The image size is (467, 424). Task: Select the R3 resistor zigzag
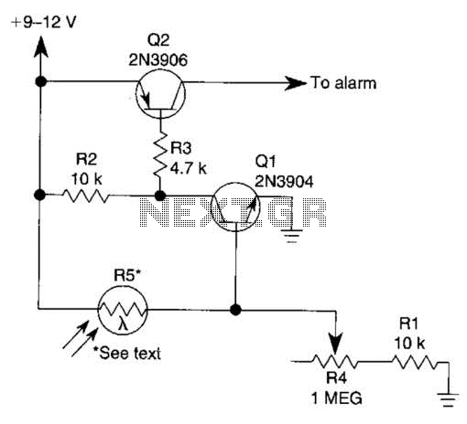point(160,154)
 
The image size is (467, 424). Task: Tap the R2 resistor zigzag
point(86,196)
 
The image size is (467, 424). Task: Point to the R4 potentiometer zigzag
point(335,362)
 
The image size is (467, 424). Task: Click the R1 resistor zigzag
point(415,363)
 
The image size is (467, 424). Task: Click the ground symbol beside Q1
point(292,236)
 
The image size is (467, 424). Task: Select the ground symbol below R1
point(448,400)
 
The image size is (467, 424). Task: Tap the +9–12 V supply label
point(43,23)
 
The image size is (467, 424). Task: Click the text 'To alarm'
point(343,83)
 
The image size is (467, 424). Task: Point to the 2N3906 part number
point(157,60)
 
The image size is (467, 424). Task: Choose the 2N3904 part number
point(284,182)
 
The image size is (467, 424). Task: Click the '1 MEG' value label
point(337,397)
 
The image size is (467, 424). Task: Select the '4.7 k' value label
point(189,168)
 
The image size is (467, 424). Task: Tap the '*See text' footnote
point(127,354)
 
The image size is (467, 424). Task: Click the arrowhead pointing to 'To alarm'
point(296,83)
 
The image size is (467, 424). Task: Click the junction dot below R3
point(160,196)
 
